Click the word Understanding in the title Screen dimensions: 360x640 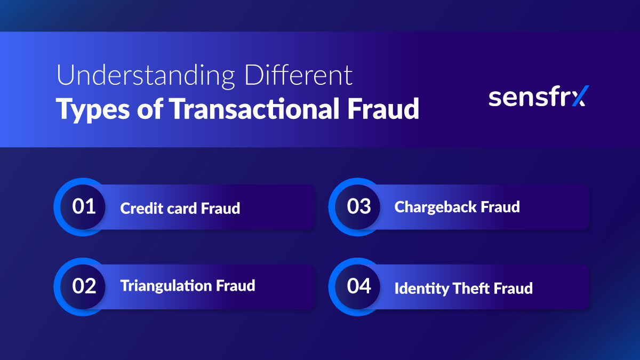click(145, 76)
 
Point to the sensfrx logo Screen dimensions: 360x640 click(537, 98)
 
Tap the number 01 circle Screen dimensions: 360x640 click(84, 206)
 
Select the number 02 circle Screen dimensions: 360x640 click(84, 286)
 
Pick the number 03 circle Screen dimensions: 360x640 click(358, 206)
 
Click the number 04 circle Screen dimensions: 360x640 click(358, 286)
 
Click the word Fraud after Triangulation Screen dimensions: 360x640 click(235, 286)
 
